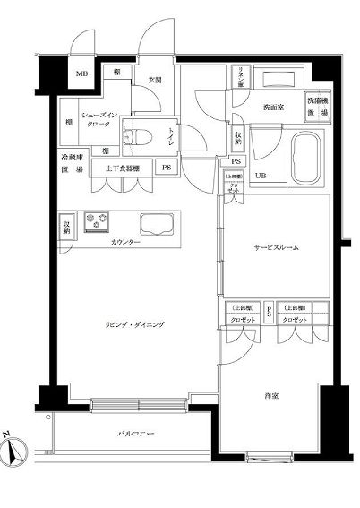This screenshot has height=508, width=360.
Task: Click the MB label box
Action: [x=82, y=74]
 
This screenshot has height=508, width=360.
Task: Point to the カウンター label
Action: [x=125, y=243]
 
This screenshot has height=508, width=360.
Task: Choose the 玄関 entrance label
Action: [x=154, y=82]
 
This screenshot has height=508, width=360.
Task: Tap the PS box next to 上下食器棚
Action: [x=167, y=167]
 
